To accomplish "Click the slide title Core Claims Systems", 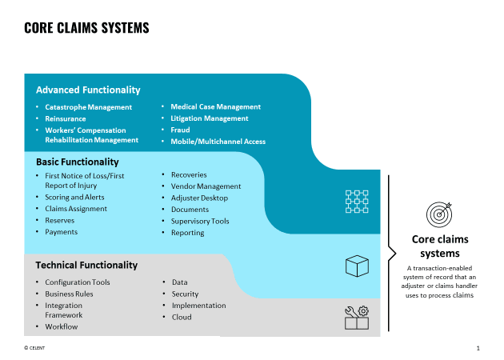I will [86, 28].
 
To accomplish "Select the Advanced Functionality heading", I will [88, 90].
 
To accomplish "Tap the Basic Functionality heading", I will [78, 162].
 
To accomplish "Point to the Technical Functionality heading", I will [86, 265].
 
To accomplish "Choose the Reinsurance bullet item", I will [66, 118].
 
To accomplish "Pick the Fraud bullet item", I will [180, 130].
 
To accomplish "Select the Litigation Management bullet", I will [210, 118].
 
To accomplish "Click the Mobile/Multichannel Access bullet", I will [218, 142].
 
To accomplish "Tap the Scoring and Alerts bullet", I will [74, 197].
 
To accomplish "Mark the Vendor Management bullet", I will [206, 186].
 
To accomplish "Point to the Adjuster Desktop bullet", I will [199, 198].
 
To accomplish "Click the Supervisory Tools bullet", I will [200, 221].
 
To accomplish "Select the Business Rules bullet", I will [69, 294].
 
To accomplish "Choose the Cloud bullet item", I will [181, 317].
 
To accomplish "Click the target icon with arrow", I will [439, 214].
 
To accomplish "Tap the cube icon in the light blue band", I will [357, 266].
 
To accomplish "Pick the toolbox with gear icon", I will [357, 318].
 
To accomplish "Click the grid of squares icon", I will [357, 202].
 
